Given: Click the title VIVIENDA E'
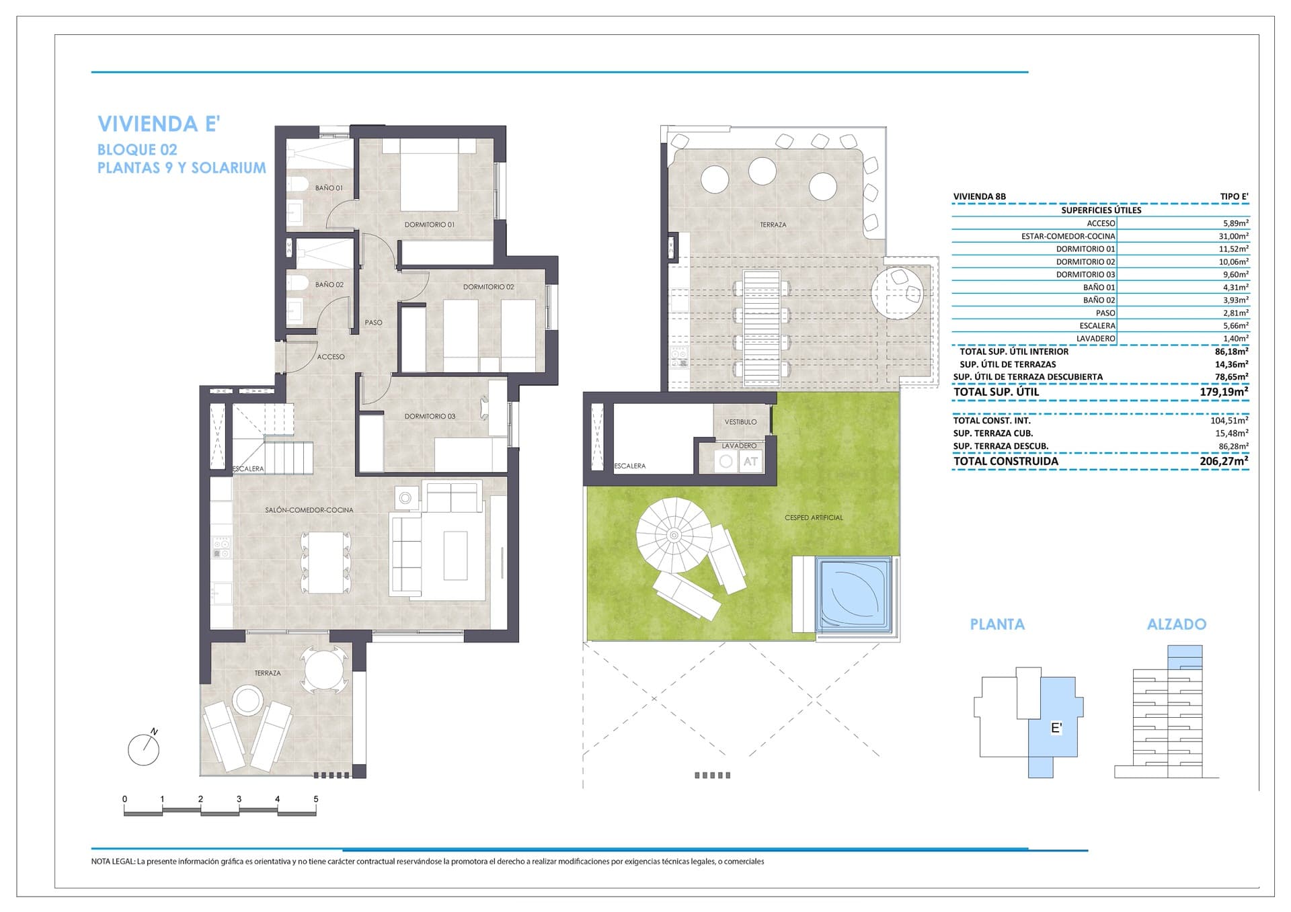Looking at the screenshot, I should tap(159, 124).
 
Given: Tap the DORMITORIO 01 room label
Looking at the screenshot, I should tap(429, 224).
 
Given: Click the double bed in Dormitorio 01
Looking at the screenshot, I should tap(430, 175).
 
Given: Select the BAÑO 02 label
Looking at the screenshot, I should tap(329, 285).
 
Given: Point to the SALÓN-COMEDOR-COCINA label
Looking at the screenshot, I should tap(309, 510).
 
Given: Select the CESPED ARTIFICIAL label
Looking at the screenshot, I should tap(814, 517).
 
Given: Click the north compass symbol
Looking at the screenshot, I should tap(144, 749).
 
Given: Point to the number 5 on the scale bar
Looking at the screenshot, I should tap(315, 799).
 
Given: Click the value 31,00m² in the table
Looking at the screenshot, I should tap(1234, 236).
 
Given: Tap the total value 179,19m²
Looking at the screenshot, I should tap(1224, 392).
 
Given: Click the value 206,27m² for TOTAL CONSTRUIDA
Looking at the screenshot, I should tap(1224, 461).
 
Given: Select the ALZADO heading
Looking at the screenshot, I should tap(1176, 624).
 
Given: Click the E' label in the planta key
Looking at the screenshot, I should tap(1056, 728).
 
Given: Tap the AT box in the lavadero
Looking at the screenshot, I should tap(750, 462).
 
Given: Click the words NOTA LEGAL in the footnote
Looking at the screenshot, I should tap(113, 862).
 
